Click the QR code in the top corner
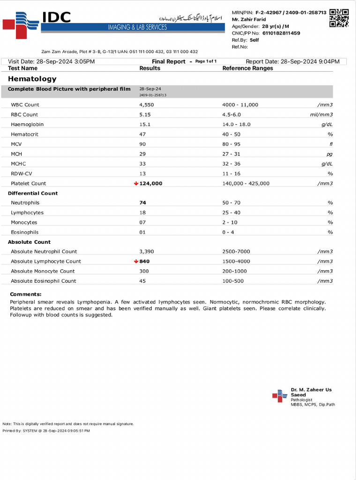(339, 18)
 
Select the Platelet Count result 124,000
(151, 183)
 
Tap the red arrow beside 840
(136, 262)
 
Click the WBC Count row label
(25, 105)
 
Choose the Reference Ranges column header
(247, 68)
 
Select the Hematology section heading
(32, 79)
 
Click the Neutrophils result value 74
(143, 203)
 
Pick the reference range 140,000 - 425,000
(246, 183)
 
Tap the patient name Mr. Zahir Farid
(248, 19)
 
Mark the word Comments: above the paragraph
(26, 294)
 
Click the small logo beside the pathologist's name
(279, 396)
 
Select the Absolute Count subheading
(29, 242)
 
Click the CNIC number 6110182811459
(281, 33)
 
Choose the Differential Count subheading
(33, 193)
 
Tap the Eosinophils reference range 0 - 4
(228, 232)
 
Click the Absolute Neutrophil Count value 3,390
(147, 252)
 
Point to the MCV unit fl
(330, 144)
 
